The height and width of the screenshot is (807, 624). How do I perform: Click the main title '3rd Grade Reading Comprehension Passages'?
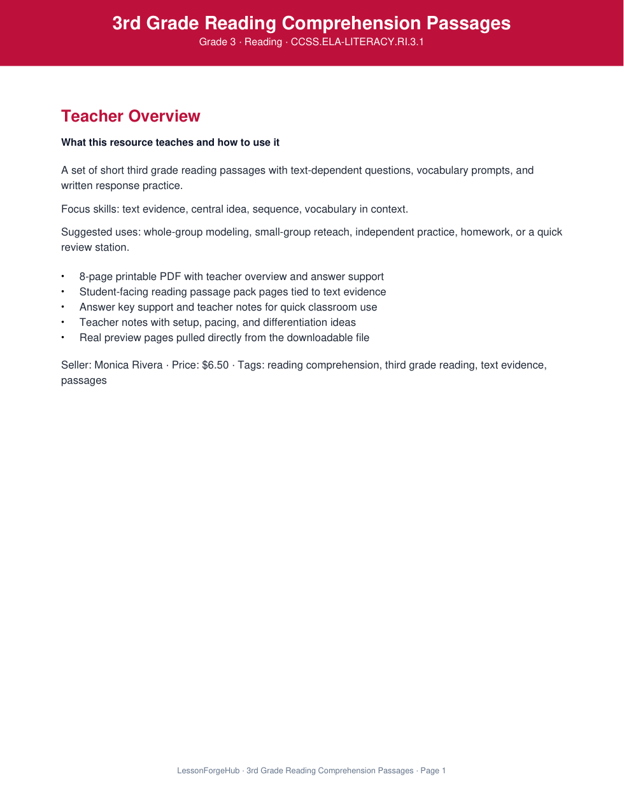(x=311, y=23)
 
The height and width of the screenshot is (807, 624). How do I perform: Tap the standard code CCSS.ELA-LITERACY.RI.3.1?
(x=357, y=42)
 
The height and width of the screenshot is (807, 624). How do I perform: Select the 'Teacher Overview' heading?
(x=131, y=116)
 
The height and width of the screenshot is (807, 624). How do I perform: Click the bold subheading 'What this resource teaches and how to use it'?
(x=170, y=143)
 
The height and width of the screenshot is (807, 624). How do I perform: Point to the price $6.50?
(x=215, y=365)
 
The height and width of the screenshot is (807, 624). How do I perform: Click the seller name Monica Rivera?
(x=129, y=365)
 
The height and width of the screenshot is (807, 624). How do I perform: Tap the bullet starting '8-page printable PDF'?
(x=231, y=277)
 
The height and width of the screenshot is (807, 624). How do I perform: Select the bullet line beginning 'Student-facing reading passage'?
(x=232, y=292)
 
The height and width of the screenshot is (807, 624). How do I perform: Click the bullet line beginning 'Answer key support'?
(x=228, y=307)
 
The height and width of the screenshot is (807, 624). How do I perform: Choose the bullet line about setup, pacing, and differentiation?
(x=217, y=323)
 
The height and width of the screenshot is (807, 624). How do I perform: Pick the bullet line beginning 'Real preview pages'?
(x=224, y=338)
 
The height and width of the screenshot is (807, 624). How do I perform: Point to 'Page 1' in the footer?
(x=433, y=771)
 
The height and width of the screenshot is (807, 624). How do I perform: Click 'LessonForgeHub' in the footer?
(x=208, y=771)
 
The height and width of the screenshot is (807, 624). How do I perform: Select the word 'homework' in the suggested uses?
(x=486, y=232)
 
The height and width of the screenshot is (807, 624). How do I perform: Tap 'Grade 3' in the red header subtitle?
(x=217, y=42)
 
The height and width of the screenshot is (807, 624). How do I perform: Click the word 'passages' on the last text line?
(x=84, y=381)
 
